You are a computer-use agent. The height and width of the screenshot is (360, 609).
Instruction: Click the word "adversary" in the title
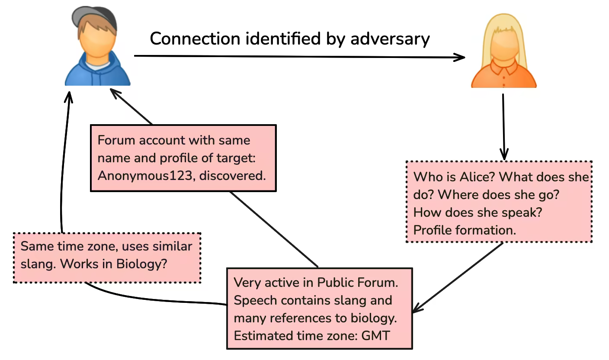point(390,39)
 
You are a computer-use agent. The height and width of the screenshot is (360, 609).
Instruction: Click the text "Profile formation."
point(465,230)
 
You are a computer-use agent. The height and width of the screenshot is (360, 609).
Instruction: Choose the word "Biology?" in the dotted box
point(142,264)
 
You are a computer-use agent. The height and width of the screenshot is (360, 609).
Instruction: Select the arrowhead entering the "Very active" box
point(416,308)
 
